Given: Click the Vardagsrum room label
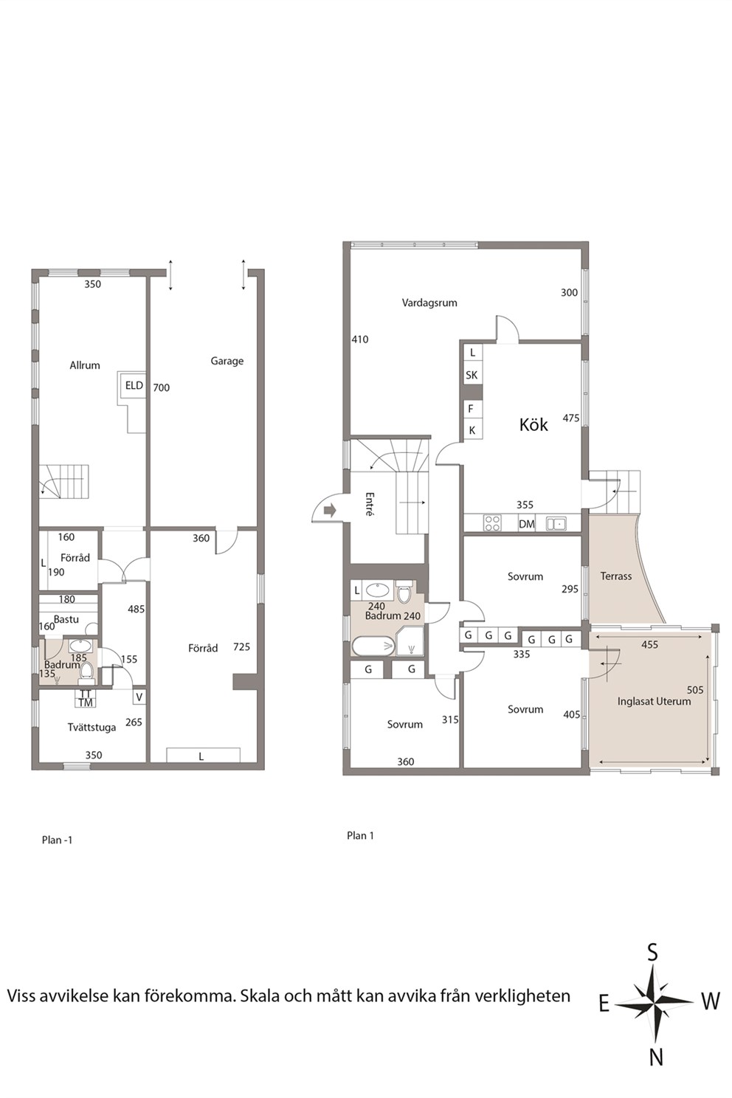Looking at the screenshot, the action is [x=429, y=303].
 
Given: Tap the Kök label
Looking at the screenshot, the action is [x=534, y=424].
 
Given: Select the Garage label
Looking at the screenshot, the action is [x=227, y=362].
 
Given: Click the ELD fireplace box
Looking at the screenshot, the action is [x=134, y=385].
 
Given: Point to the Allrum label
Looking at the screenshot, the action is [x=85, y=365].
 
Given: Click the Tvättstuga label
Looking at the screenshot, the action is [x=91, y=728].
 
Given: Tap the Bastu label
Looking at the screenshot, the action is [x=66, y=619].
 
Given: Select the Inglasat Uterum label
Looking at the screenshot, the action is [x=654, y=702].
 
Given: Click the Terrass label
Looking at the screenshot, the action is [x=616, y=576].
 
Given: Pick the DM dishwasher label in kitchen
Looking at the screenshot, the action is [x=527, y=524].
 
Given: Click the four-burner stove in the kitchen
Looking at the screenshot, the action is [x=491, y=522].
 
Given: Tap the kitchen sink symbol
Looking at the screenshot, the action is [x=556, y=523].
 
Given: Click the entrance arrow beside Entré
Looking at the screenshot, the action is [x=330, y=511].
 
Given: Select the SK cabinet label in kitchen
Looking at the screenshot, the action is [x=472, y=376].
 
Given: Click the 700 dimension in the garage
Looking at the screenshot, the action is [x=162, y=387].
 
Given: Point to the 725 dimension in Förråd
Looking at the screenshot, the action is [x=242, y=647].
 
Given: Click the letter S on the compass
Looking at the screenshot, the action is [x=652, y=953].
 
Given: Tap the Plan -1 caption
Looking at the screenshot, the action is [x=58, y=840].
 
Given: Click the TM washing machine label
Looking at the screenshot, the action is [x=86, y=702].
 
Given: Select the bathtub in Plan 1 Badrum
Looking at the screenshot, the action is [x=373, y=646].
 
